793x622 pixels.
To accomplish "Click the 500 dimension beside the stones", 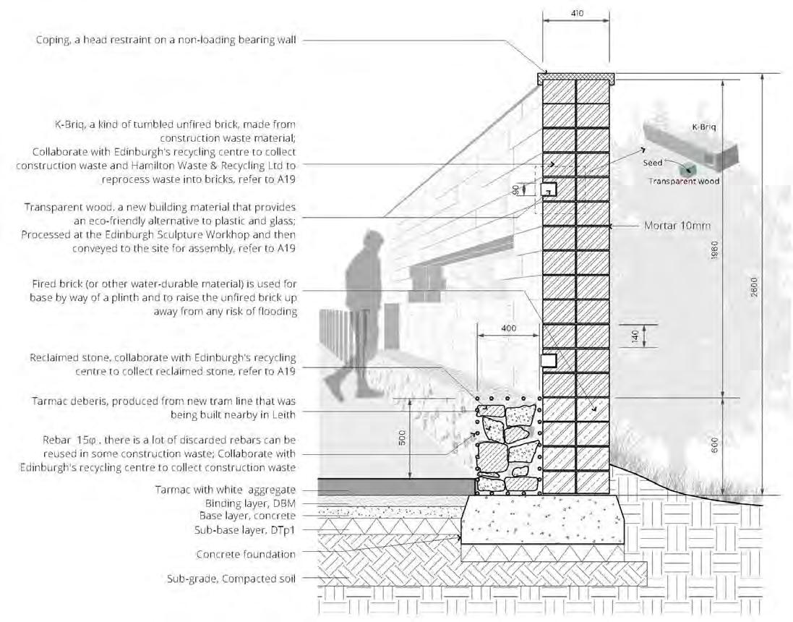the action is click(x=403, y=438).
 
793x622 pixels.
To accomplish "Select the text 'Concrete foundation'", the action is click(x=247, y=555).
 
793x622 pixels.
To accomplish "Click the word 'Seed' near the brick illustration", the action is click(x=652, y=163).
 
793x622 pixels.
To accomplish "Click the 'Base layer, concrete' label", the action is click(x=247, y=516).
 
